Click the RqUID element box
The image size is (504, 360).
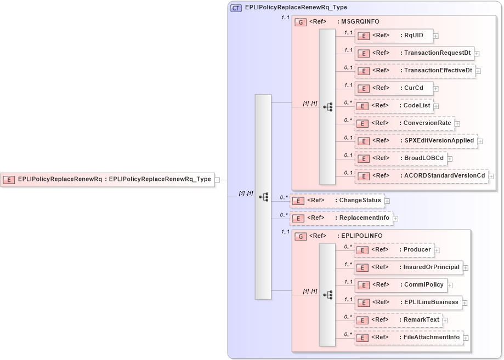[393, 36]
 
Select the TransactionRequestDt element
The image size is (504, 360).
[414, 53]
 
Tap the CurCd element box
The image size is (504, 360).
[393, 88]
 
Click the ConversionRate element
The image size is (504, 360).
[404, 123]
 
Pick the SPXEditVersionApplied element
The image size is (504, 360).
[416, 140]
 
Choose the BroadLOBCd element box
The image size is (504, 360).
[400, 158]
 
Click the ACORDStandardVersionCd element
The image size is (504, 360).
[421, 176]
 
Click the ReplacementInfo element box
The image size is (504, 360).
[341, 218]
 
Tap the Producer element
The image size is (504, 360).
[394, 250]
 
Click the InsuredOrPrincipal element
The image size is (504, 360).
[408, 267]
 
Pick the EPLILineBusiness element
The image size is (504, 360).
[408, 302]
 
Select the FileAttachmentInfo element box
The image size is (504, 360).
[408, 338]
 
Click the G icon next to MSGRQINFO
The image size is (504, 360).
[301, 22]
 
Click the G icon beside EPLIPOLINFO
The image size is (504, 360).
[301, 236]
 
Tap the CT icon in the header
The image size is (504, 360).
[236, 8]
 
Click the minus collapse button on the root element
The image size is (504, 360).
[218, 179]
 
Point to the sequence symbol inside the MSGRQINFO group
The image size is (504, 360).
[327, 107]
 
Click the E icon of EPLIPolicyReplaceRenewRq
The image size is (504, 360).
[9, 179]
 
